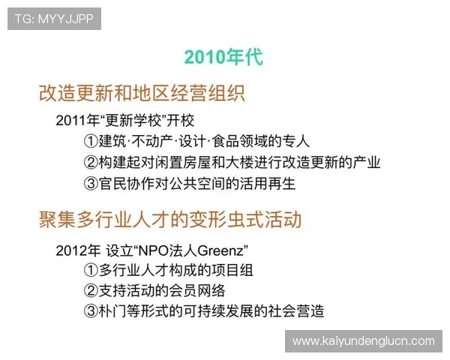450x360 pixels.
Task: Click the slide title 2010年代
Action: pos(223,57)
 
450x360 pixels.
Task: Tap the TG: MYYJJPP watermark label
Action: pos(53,19)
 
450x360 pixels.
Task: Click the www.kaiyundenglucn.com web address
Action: pos(363,340)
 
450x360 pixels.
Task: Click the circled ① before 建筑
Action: pos(91,141)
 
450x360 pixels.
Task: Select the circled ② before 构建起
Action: pos(91,162)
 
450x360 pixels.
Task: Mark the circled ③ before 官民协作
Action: pos(91,183)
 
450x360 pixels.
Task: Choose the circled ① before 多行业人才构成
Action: pos(91,270)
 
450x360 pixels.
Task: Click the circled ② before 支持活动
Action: pos(91,291)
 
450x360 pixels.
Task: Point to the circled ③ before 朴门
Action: pos(91,312)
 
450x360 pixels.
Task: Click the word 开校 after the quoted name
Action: pos(184,121)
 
